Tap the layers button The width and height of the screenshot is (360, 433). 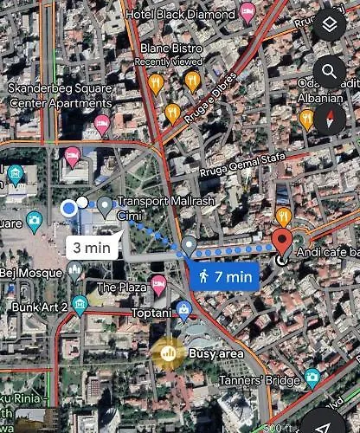(x=330, y=26)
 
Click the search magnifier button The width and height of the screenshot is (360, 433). (x=330, y=71)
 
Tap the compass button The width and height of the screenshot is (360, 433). (x=330, y=119)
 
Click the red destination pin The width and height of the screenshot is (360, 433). (x=282, y=242)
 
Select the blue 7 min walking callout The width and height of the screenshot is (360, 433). (x=223, y=276)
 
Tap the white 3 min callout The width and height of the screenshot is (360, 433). (x=90, y=247)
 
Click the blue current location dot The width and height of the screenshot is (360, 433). (x=69, y=208)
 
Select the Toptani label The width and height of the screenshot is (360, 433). (x=151, y=309)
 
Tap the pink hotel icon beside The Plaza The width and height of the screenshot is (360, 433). (x=157, y=284)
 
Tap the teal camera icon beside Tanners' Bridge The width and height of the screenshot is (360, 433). (x=312, y=378)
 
